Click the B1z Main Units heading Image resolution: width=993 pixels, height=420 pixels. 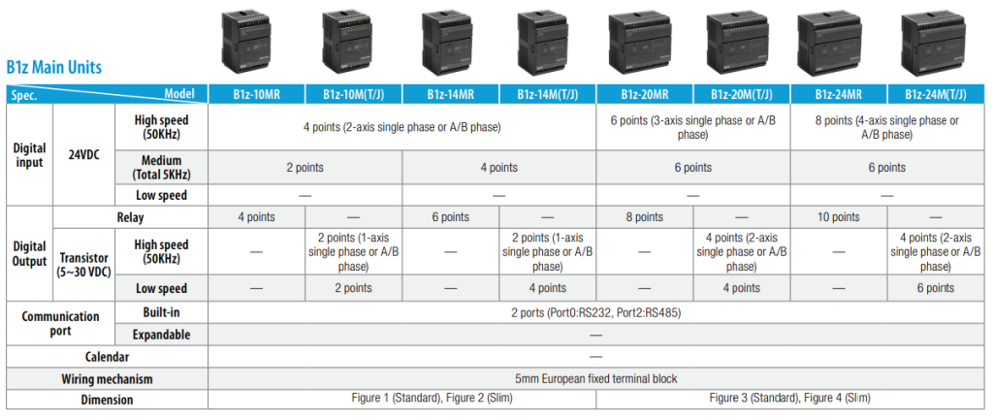click(54, 67)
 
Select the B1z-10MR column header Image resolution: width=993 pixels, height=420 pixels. click(256, 95)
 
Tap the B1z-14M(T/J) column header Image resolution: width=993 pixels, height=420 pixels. click(547, 95)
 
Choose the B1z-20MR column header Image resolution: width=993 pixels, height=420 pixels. click(645, 95)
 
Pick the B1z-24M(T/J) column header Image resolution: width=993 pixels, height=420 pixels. click(936, 95)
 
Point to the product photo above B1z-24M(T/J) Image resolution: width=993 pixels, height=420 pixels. click(932, 43)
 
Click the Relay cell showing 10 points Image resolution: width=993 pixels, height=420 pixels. click(839, 217)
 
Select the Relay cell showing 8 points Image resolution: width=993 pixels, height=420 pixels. click(645, 217)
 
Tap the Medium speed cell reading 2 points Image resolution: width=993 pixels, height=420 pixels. click(304, 168)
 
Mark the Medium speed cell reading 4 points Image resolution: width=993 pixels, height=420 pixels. click(499, 168)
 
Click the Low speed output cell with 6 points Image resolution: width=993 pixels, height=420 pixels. click(936, 288)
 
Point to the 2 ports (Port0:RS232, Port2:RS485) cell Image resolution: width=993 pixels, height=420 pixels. click(595, 313)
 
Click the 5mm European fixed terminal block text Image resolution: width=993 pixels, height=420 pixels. click(595, 379)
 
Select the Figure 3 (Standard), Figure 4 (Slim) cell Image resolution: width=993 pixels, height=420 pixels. click(789, 399)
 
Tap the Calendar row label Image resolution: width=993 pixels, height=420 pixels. click(107, 357)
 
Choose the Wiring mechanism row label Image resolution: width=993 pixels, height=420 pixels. click(107, 379)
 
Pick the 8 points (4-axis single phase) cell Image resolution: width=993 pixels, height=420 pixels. click(886, 127)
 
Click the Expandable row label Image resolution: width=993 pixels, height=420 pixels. click(162, 335)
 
